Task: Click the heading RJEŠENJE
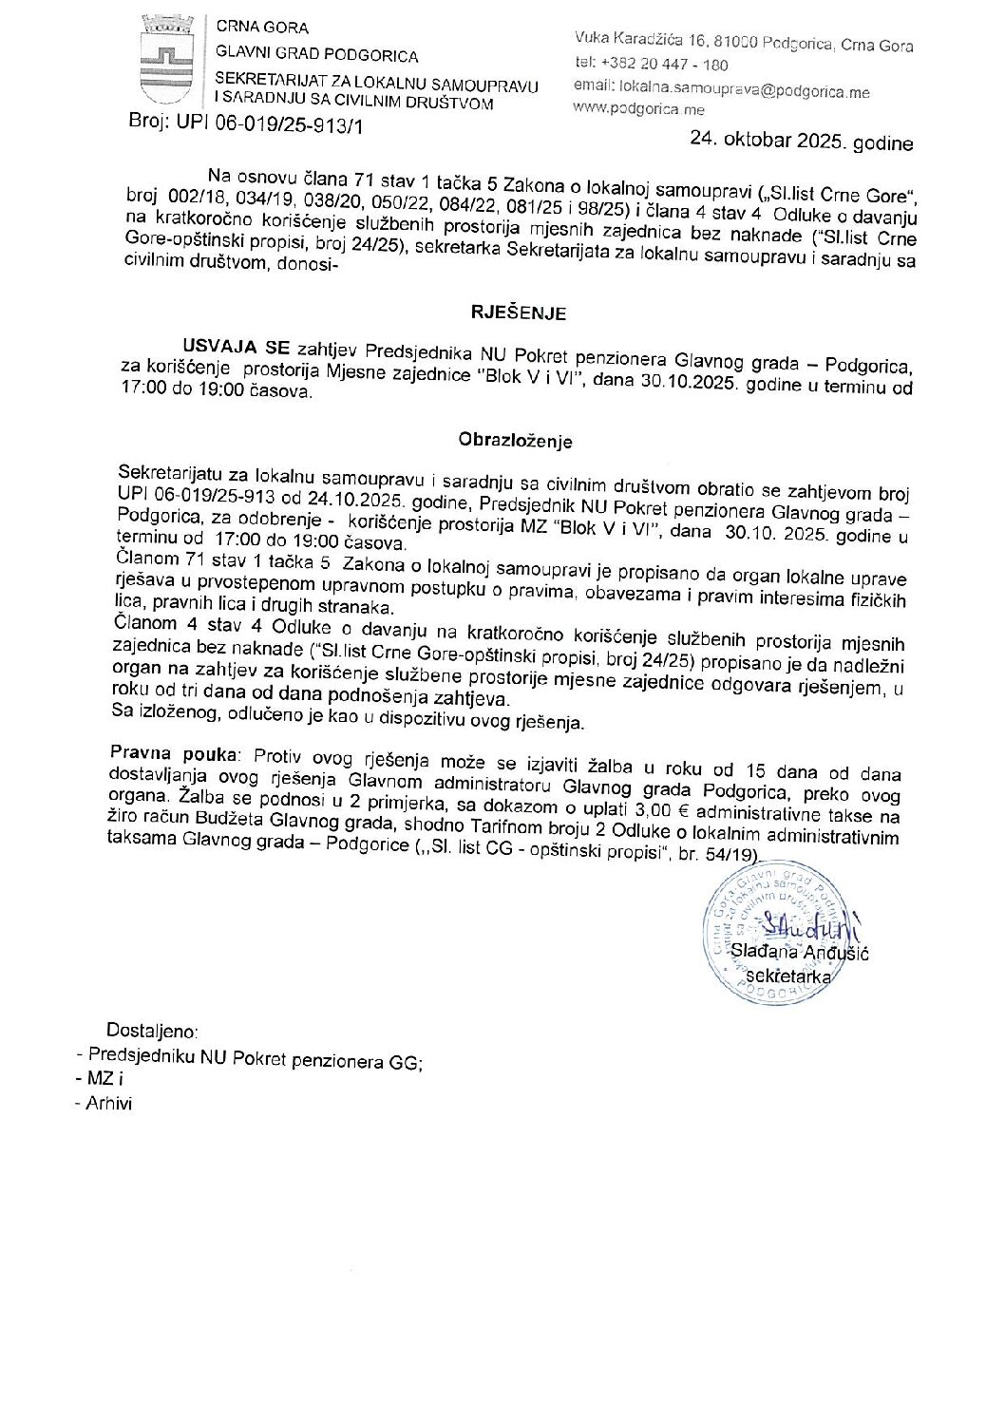point(519,313)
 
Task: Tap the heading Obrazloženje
point(515,441)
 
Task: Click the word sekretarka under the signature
point(788,976)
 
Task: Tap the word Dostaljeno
point(153,1030)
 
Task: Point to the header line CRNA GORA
point(262,28)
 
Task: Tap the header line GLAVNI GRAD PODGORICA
point(317,54)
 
